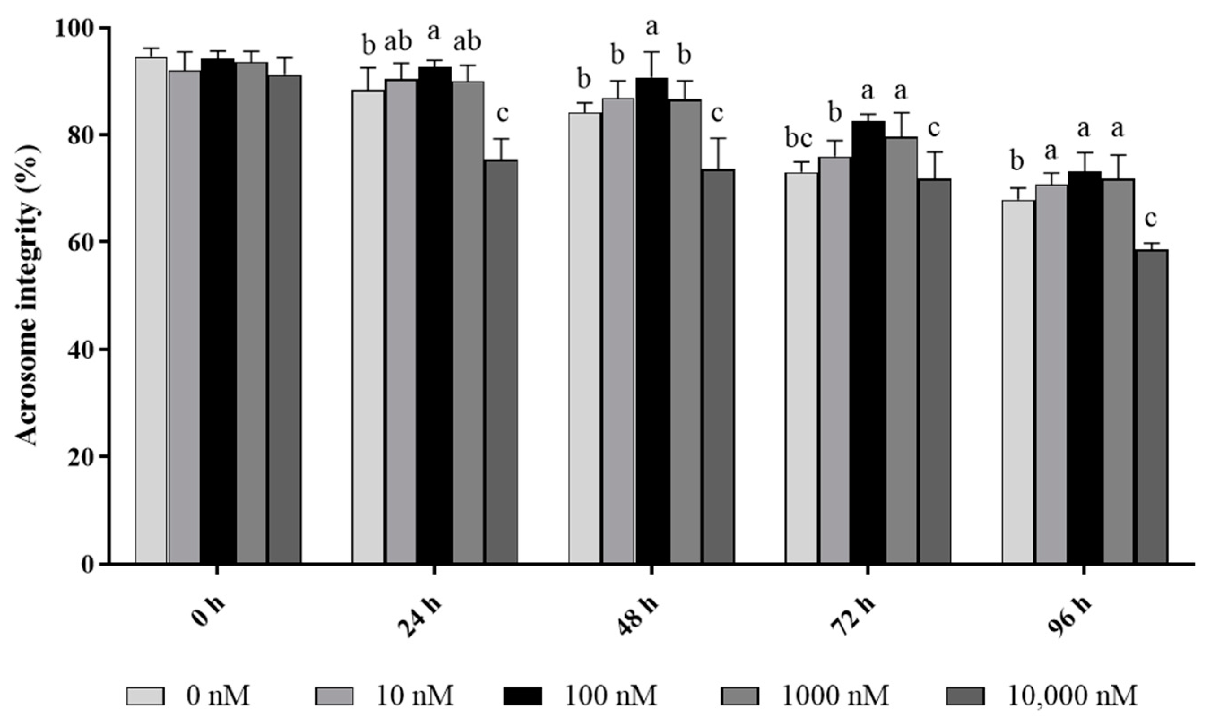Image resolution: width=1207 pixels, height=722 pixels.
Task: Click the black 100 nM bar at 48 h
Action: (x=651, y=321)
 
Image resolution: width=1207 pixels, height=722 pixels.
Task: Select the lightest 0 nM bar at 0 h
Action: (x=151, y=311)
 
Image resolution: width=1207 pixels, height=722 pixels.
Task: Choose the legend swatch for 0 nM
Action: (x=145, y=696)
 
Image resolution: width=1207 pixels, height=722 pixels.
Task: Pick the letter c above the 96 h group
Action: (x=1151, y=220)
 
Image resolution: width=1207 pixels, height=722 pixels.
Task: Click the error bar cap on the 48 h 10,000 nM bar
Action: (x=718, y=138)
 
